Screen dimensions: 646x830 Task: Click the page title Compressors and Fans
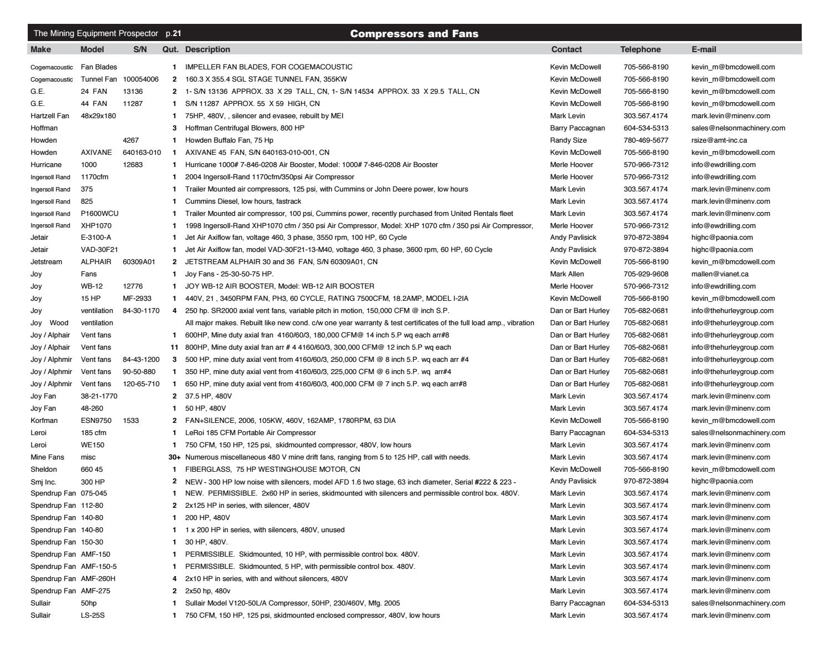coord(414,34)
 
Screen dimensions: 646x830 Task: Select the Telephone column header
coord(640,49)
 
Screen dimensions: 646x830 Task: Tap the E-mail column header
coord(704,49)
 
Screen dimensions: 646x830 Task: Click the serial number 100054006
coord(141,79)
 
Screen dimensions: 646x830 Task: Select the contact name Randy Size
coord(568,140)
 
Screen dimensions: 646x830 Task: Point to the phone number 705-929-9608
coord(646,274)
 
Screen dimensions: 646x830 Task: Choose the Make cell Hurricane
coord(46,165)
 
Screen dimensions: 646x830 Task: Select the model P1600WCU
coord(100,214)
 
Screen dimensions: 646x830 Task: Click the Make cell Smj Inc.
coord(43,482)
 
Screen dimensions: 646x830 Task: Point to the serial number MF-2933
coord(137,299)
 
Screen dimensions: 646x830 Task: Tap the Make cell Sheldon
coord(43,470)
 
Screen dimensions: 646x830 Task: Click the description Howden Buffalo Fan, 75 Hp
coord(229,140)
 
